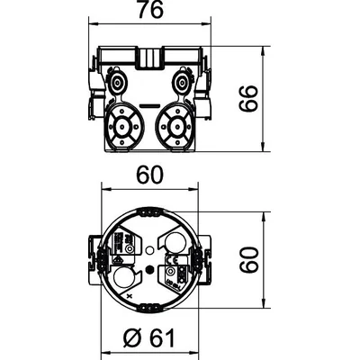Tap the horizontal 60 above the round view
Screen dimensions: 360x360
(150, 175)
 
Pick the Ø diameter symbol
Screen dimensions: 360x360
(131, 338)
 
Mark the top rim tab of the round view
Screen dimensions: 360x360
(148, 210)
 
